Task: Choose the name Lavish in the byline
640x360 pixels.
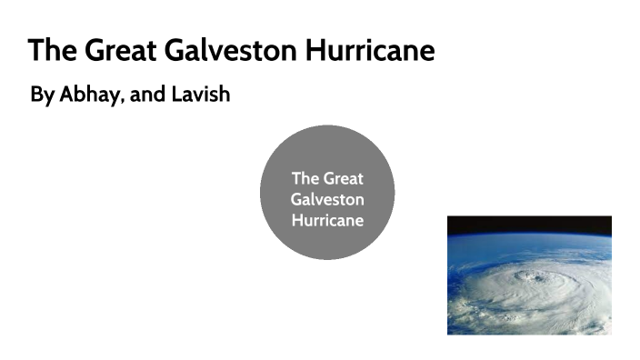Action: coord(200,95)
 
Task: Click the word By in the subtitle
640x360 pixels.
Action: coord(42,95)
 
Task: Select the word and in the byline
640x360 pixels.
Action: coord(148,95)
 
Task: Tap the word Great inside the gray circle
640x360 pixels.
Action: coord(343,178)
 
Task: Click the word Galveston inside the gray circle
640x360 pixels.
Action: coord(327,199)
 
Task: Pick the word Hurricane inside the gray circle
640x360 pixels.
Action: coord(327,220)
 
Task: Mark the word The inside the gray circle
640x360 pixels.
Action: coord(305,178)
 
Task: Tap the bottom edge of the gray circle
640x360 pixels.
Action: coord(327,259)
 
